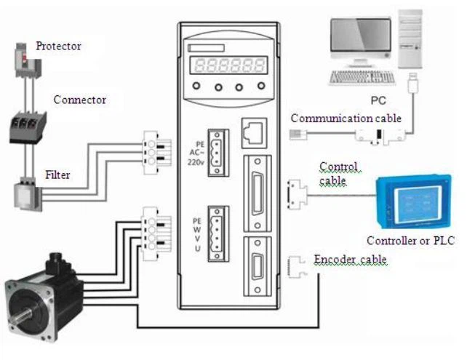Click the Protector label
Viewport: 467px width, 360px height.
tap(58, 47)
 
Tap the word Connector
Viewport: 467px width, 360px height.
tap(80, 100)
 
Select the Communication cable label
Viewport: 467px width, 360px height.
tap(346, 119)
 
